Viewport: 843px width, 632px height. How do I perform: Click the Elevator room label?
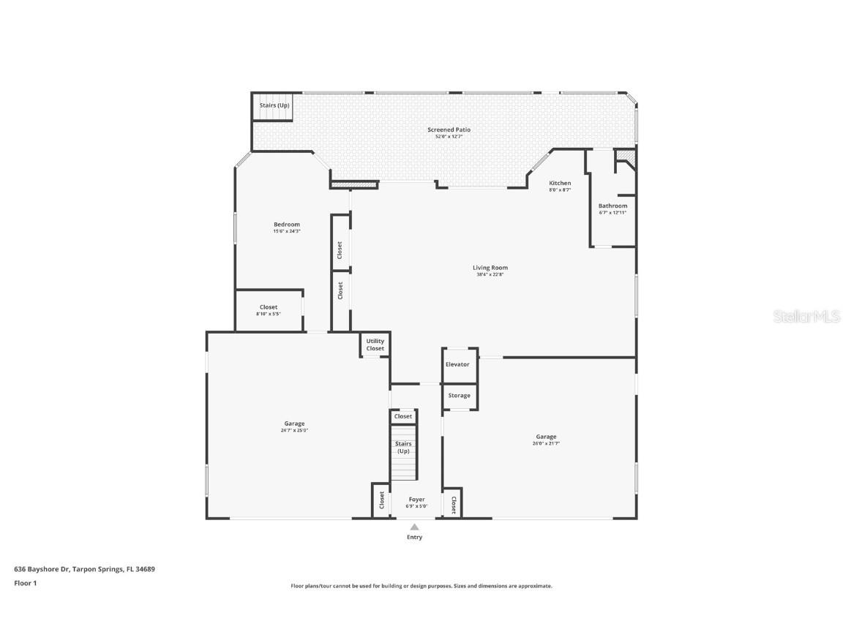(457, 364)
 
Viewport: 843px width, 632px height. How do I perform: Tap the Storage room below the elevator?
(459, 396)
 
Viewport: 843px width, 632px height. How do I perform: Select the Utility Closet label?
(375, 345)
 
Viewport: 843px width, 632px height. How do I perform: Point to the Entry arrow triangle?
(414, 527)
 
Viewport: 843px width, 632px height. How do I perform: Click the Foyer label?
(416, 500)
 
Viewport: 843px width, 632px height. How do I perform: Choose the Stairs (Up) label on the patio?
(274, 105)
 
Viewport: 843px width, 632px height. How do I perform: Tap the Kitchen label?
(560, 183)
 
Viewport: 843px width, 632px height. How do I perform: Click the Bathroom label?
(612, 206)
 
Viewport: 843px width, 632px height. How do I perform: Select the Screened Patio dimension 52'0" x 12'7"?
(449, 137)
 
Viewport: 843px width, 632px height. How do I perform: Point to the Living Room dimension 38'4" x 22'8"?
(490, 274)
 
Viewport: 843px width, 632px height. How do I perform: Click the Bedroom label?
(286, 225)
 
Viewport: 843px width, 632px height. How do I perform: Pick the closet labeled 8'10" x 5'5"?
(268, 310)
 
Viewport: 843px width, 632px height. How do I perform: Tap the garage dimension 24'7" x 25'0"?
(294, 431)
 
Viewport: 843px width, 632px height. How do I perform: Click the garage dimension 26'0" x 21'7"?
(546, 443)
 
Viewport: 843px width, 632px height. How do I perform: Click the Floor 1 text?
(25, 583)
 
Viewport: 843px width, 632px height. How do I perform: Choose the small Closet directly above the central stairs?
(403, 416)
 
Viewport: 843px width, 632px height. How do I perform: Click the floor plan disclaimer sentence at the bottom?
(421, 586)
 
